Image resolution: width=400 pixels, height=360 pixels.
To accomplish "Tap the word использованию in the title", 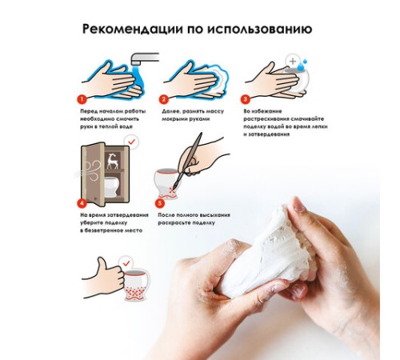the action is coord(260,29).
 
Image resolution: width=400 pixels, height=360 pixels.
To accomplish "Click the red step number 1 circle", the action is coord(82,99).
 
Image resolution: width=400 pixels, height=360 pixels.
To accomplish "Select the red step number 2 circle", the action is coord(163,99).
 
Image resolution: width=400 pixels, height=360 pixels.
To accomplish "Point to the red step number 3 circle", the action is coord(245,99).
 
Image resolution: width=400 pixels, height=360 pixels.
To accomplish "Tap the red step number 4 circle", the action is coord(82,203).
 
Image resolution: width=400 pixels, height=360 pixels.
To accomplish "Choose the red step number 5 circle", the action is coord(160,203).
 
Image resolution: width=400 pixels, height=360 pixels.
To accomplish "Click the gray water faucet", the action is coord(145,58).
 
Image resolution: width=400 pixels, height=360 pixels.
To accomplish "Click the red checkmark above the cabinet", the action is coord(132,142).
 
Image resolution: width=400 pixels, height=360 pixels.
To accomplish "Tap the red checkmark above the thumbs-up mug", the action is coord(126,263).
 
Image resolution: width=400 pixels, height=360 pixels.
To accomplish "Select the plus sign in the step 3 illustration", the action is coord(293,61).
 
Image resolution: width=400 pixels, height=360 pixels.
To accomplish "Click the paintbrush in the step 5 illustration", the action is coord(188,161).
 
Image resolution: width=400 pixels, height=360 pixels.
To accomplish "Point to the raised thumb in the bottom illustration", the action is coord(102,264).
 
